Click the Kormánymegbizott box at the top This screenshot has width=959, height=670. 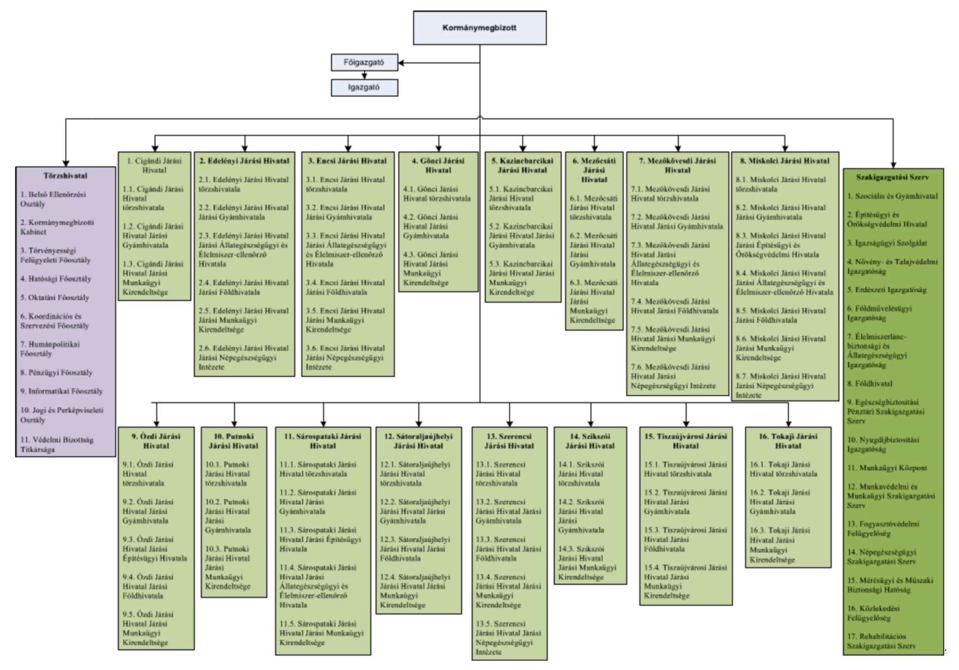(479, 28)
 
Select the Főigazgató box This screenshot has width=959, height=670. (364, 62)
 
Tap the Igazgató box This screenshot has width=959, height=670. (364, 87)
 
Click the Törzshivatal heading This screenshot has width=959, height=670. (65, 176)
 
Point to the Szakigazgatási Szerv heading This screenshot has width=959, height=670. (892, 177)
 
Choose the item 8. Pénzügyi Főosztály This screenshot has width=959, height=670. (56, 372)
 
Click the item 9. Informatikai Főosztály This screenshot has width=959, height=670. (61, 391)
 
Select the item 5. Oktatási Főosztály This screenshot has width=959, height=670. (55, 298)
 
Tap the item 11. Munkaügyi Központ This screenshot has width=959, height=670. (886, 468)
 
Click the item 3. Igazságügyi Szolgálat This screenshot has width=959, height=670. (886, 243)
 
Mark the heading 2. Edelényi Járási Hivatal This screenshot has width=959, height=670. (244, 161)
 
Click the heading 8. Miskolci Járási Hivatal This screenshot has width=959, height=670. (785, 161)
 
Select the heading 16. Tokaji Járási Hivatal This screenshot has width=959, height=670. (788, 441)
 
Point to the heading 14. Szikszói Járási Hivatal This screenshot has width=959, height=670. (590, 441)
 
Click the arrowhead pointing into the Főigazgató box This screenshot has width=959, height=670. (401, 63)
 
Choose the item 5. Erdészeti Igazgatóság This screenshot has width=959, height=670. (886, 290)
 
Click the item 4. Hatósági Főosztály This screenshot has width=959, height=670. (56, 279)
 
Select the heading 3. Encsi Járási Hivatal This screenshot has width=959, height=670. (347, 161)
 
